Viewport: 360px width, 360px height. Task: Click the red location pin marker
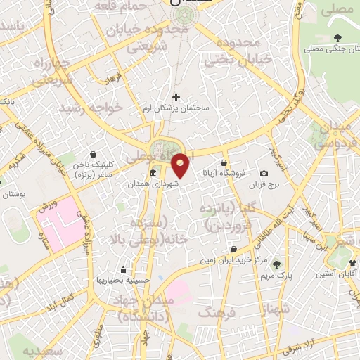181,165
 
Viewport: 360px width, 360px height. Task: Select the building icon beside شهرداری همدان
153,173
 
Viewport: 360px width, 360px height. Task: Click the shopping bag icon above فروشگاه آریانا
223,163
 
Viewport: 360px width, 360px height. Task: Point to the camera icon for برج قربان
264,173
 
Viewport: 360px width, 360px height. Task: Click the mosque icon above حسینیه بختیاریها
124,269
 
